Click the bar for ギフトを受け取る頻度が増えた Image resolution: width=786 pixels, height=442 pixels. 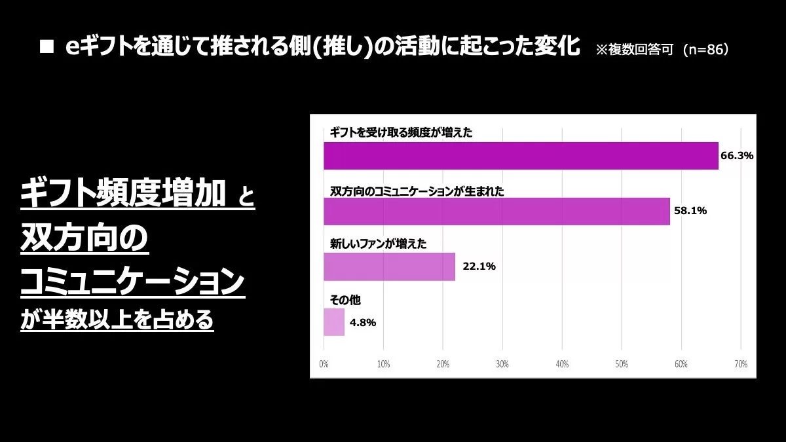click(x=521, y=156)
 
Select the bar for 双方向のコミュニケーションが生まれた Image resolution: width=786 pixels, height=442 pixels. click(x=496, y=211)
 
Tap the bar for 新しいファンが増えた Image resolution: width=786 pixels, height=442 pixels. click(x=389, y=267)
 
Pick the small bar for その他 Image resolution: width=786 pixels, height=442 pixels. click(x=334, y=322)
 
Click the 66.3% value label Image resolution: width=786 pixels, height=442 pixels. click(x=737, y=156)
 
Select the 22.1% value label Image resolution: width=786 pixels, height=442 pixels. click(x=479, y=267)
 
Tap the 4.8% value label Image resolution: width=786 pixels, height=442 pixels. click(x=363, y=322)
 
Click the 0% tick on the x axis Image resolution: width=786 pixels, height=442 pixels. click(x=324, y=364)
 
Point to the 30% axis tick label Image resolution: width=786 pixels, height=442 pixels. click(x=502, y=364)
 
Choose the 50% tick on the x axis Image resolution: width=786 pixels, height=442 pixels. click(x=622, y=364)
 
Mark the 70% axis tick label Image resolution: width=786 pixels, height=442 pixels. click(x=741, y=364)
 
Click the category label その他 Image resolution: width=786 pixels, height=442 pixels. click(x=345, y=300)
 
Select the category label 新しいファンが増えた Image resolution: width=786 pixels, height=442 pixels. click(x=378, y=244)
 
